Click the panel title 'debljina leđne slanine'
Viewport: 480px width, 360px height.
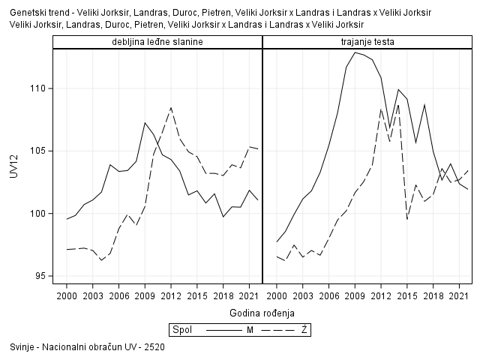pos(157,41)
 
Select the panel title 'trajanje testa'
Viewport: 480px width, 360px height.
pos(367,41)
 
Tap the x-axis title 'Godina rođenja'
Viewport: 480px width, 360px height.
pos(262,312)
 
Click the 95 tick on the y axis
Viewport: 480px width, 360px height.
pos(40,276)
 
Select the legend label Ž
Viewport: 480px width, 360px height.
pos(304,329)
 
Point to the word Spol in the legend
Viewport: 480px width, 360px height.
pos(181,329)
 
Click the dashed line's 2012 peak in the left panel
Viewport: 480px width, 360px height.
pos(171,107)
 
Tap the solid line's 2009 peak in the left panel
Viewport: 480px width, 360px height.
pos(145,122)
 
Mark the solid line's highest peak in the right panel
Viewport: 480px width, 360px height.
pos(355,52)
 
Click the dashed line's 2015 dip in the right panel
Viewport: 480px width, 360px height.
pos(407,219)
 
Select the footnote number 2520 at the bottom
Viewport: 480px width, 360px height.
pos(154,347)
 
